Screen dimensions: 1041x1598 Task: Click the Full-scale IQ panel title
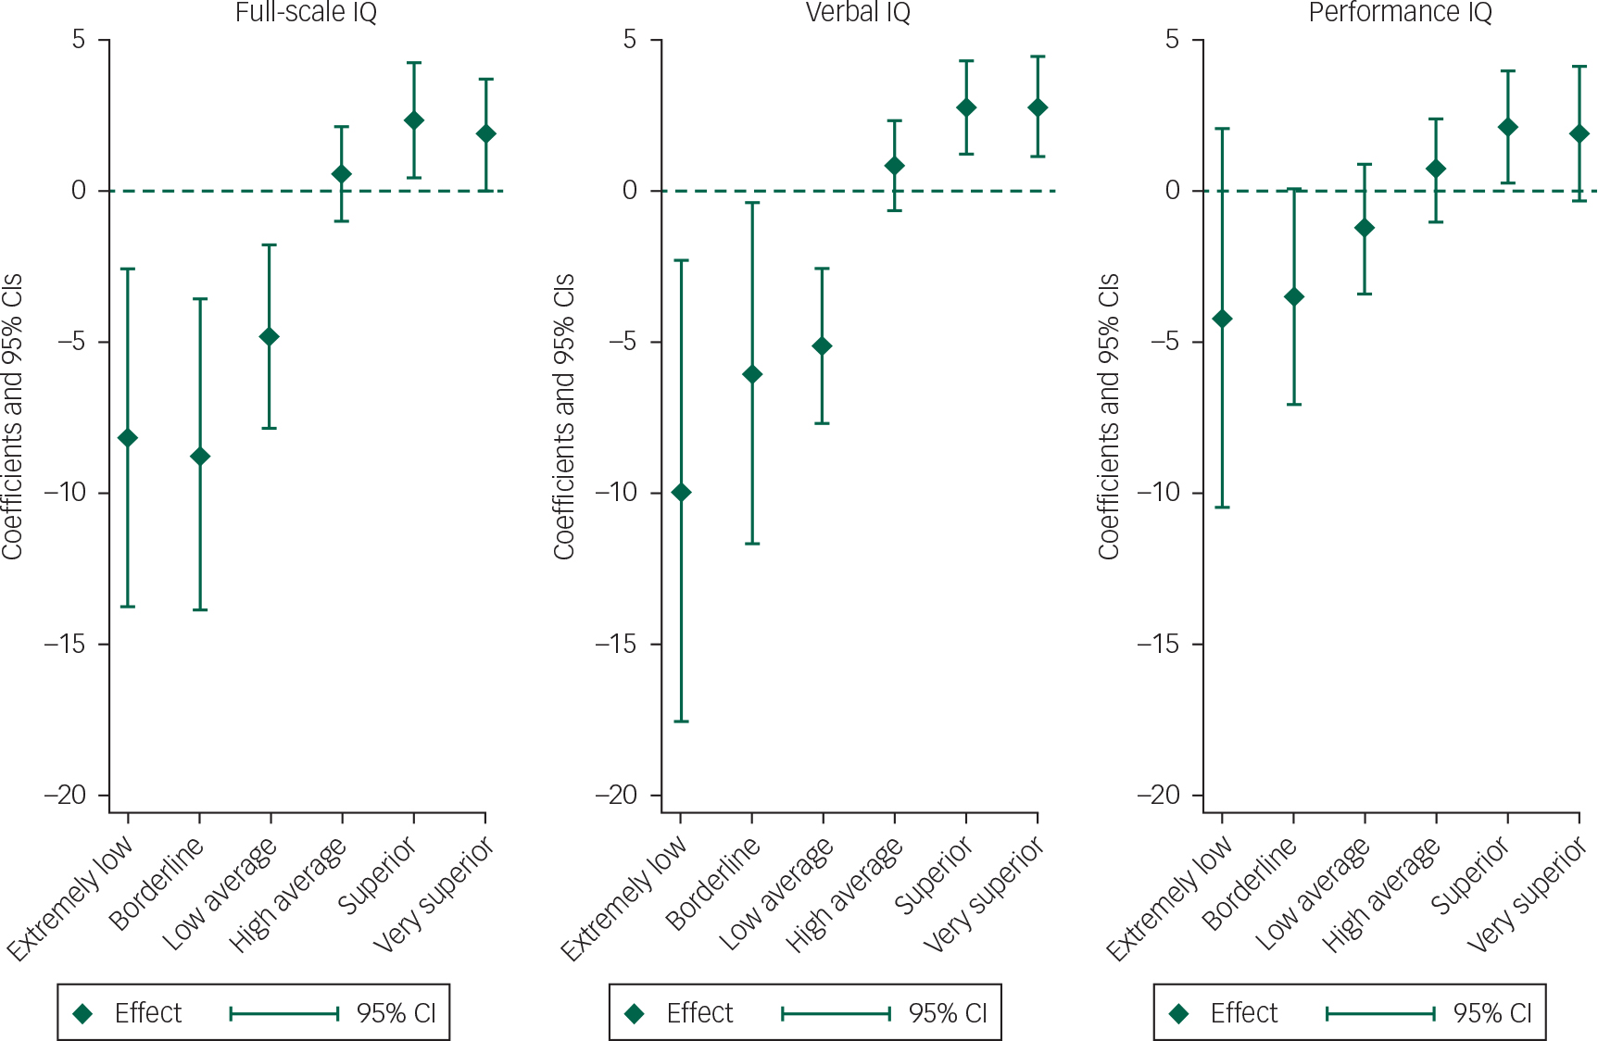(306, 13)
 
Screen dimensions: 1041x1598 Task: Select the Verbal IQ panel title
(858, 13)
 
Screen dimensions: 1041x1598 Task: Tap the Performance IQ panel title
(1400, 13)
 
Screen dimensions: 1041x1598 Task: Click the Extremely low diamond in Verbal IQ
(681, 492)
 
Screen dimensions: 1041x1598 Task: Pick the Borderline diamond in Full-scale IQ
(199, 457)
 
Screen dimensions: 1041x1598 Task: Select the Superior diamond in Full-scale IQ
(414, 120)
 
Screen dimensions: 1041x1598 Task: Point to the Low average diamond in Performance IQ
(1365, 228)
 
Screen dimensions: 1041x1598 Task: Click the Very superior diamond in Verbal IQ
(1038, 107)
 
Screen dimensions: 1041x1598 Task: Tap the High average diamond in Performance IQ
(1436, 169)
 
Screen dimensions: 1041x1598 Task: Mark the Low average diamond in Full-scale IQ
(270, 336)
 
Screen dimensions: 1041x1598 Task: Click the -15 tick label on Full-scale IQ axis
(65, 644)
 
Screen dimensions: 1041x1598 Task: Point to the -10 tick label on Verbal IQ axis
(616, 493)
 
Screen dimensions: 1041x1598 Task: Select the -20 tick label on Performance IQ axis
(1158, 795)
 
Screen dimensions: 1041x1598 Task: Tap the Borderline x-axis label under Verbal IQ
(713, 884)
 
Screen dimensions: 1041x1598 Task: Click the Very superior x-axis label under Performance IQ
(1529, 894)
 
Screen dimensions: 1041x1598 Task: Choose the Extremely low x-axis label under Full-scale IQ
(70, 898)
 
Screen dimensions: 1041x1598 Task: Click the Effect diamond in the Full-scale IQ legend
(83, 1013)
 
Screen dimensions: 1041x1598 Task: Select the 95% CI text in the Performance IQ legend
(1492, 1013)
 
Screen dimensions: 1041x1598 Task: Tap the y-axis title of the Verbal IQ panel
(564, 417)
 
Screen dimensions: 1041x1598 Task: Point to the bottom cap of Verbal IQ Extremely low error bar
(681, 721)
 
